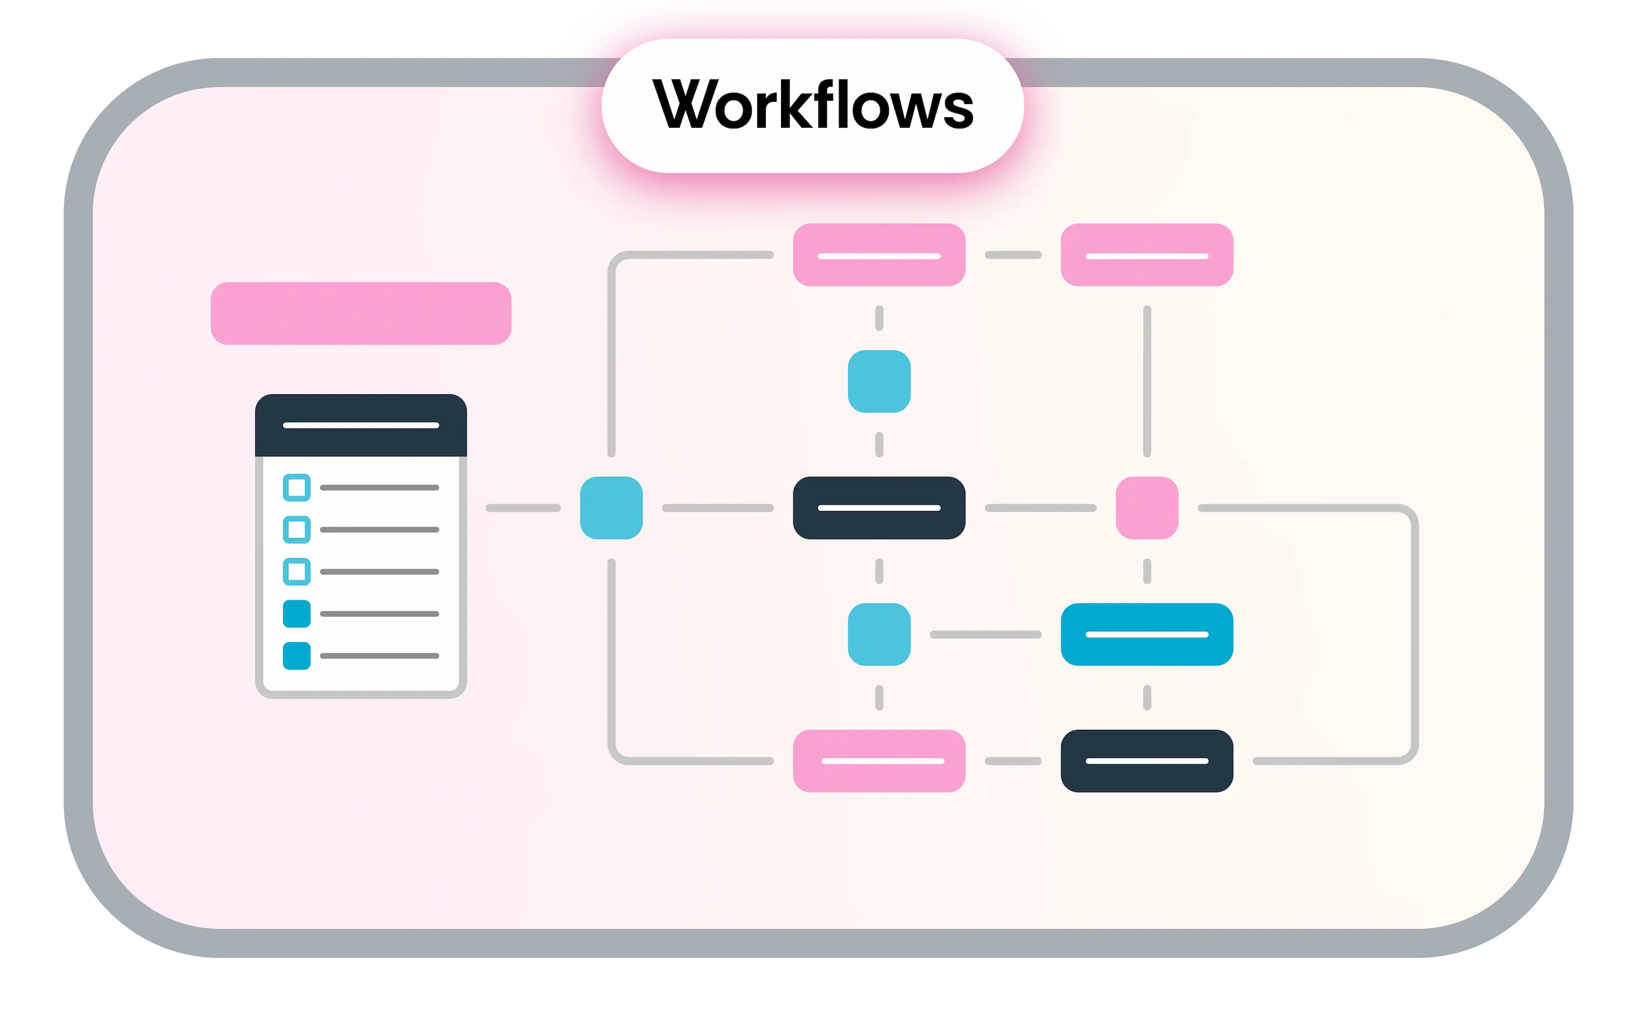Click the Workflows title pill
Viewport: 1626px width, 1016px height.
[x=812, y=106]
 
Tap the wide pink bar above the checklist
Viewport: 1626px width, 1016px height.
[x=361, y=313]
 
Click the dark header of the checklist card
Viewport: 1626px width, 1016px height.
[x=361, y=425]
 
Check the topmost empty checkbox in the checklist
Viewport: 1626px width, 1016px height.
[x=296, y=487]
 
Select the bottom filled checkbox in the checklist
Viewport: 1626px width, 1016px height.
[x=296, y=656]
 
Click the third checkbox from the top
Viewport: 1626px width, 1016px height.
[x=296, y=572]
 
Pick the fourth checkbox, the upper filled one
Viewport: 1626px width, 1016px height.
[x=296, y=613]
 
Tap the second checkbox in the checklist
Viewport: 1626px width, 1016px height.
[x=296, y=529]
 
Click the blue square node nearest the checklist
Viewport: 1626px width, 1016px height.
[x=611, y=508]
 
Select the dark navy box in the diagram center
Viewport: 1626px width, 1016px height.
[x=879, y=508]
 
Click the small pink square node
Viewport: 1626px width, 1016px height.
[x=1146, y=508]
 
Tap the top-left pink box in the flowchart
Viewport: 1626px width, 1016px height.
[x=879, y=255]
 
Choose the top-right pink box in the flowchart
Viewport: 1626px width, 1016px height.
[x=1146, y=255]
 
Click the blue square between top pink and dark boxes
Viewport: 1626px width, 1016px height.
[x=879, y=381]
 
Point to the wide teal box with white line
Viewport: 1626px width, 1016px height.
[x=1146, y=635]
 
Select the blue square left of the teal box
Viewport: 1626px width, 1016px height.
[x=879, y=635]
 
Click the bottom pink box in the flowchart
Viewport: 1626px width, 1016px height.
[x=879, y=761]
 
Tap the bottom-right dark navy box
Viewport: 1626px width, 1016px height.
[x=1146, y=761]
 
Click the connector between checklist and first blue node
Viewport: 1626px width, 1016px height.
[x=522, y=508]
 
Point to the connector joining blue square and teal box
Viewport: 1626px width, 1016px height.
[x=985, y=635]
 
